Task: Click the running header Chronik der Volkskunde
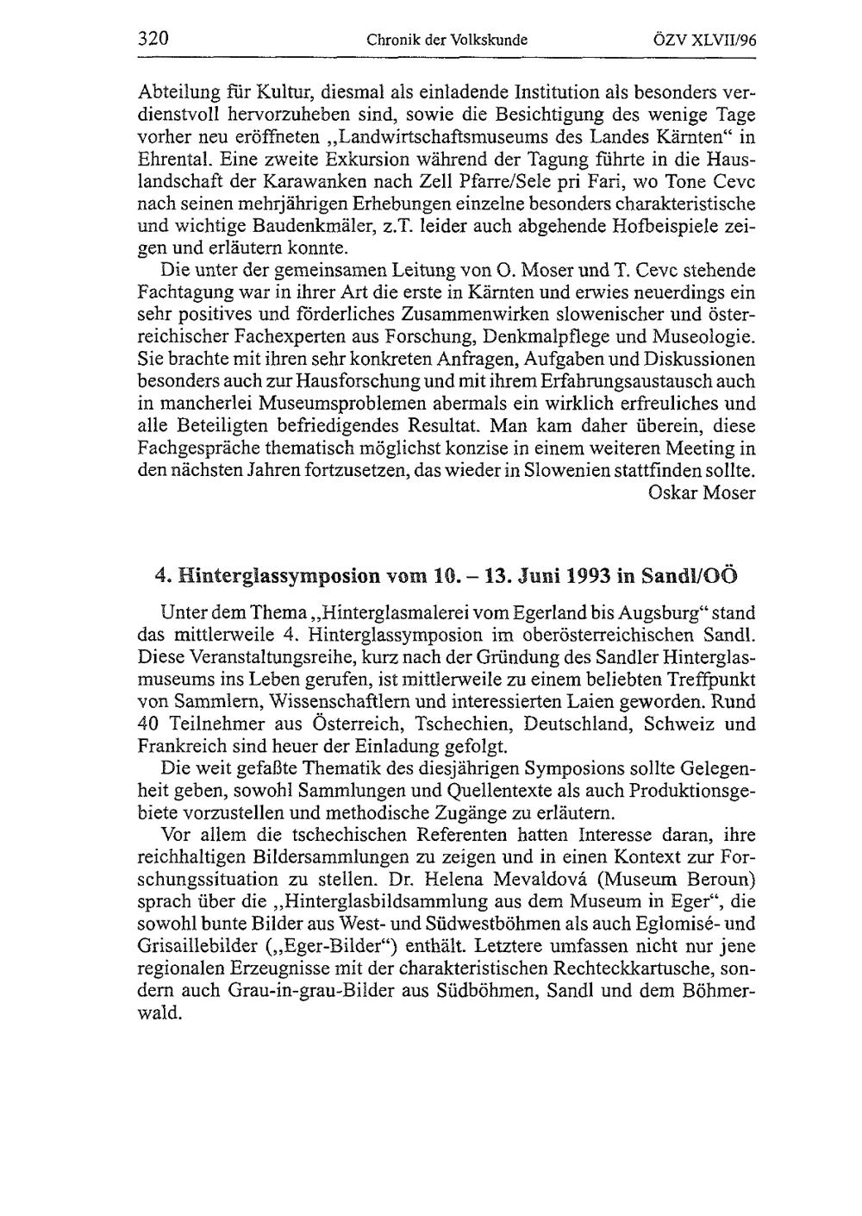(x=447, y=40)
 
